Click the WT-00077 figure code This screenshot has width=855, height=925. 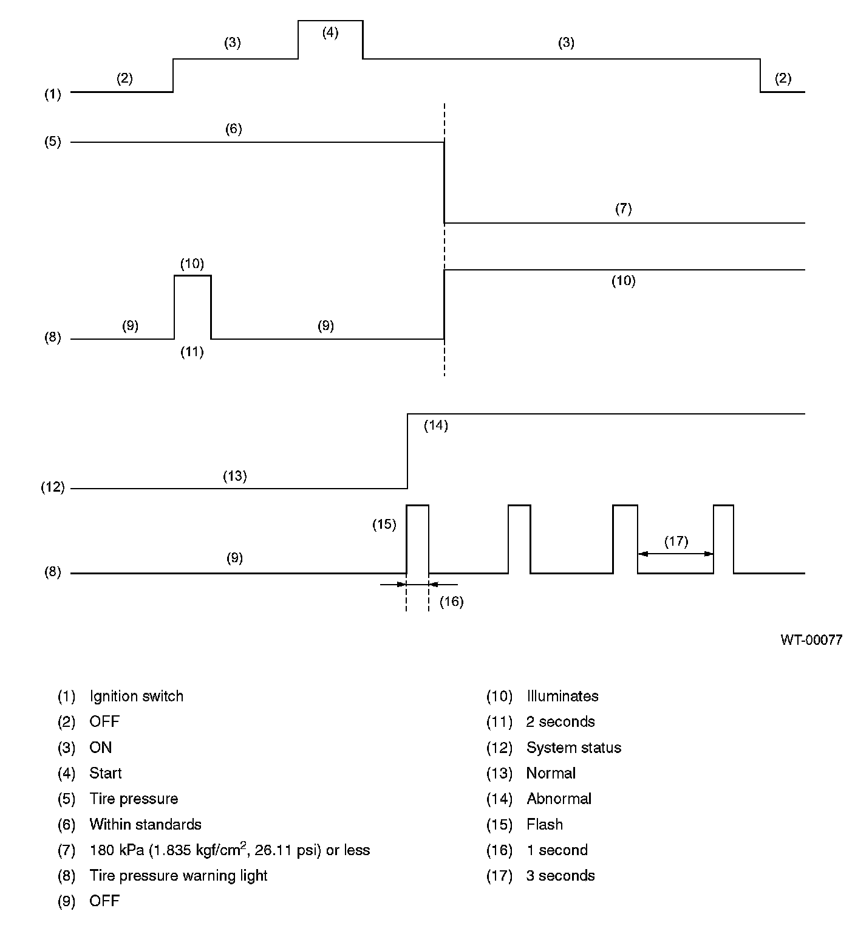(811, 640)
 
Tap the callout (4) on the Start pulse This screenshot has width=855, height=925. (330, 33)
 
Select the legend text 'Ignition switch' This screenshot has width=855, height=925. (136, 696)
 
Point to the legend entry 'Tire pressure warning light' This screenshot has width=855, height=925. (178, 876)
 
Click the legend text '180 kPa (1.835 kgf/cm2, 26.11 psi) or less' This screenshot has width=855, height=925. (230, 850)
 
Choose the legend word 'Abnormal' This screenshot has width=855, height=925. (559, 799)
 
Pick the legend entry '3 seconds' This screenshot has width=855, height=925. (560, 876)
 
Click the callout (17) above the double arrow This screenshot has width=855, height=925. (676, 541)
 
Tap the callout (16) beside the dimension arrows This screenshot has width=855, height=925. (451, 602)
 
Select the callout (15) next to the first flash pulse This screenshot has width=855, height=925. (384, 524)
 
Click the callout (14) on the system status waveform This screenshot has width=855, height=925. (435, 425)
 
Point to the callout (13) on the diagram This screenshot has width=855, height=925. (234, 476)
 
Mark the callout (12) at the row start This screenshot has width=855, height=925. (52, 487)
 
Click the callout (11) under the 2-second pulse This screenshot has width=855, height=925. (192, 352)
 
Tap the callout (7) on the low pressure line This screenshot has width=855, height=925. (623, 209)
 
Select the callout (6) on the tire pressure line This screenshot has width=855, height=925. (233, 129)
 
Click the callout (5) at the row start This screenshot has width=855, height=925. (52, 142)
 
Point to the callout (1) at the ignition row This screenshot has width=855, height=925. (52, 94)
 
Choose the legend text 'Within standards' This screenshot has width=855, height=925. (145, 825)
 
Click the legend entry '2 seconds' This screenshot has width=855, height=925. (560, 722)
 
